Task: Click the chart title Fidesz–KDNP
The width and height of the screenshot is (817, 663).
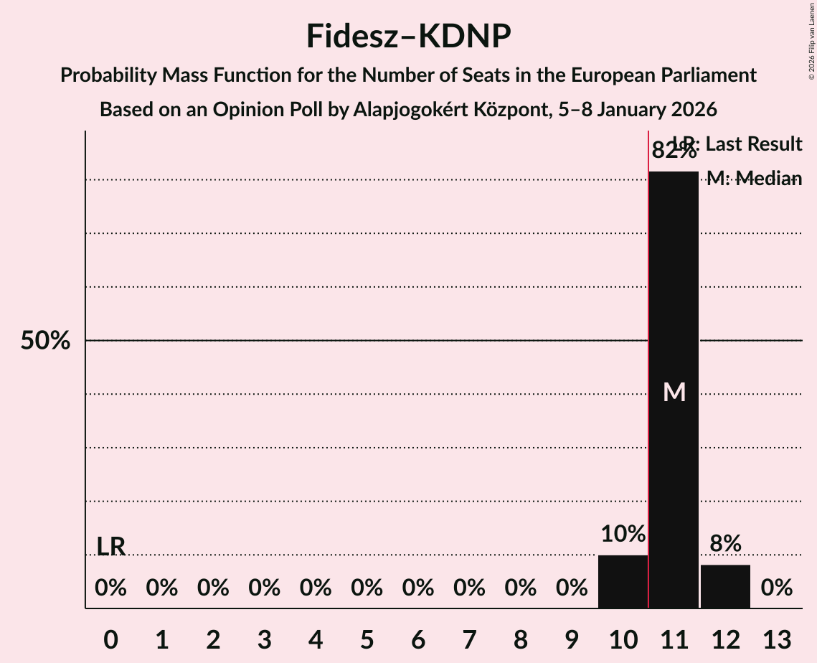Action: [x=408, y=36]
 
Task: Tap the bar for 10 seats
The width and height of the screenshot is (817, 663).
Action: [x=623, y=582]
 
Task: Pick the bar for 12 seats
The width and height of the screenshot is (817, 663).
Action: [x=725, y=587]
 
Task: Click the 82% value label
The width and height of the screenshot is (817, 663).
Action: [x=674, y=151]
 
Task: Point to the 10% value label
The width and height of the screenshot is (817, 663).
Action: [x=623, y=534]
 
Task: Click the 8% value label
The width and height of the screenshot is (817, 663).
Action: [x=725, y=544]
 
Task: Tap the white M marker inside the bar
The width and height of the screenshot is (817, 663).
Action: [x=674, y=392]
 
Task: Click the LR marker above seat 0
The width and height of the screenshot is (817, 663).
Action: [x=110, y=547]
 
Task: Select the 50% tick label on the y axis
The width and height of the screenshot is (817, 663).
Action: [x=45, y=341]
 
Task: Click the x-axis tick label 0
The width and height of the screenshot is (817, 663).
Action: [x=110, y=639]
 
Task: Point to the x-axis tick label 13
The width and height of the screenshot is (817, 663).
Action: [x=776, y=639]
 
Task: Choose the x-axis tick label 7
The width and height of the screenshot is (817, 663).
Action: [x=469, y=639]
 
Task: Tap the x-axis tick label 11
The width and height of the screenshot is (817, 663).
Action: [x=674, y=639]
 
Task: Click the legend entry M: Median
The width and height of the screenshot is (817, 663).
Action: [x=753, y=179]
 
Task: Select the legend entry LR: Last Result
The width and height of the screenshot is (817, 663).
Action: [x=736, y=144]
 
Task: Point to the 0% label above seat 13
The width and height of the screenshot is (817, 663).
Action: [x=776, y=588]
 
